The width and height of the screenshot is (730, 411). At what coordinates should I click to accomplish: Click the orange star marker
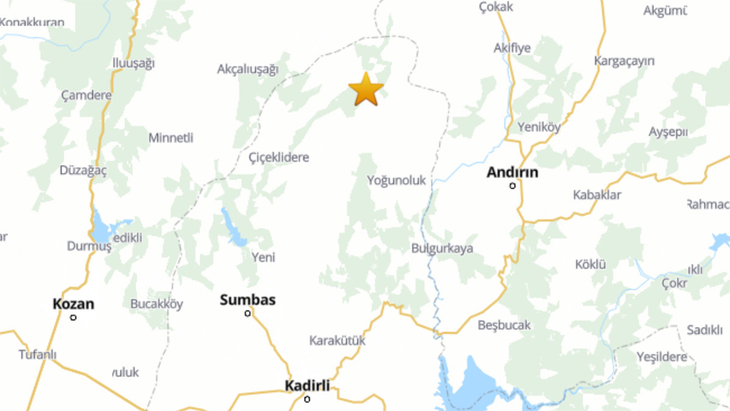(366, 90)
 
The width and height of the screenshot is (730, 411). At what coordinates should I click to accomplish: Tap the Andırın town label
(512, 172)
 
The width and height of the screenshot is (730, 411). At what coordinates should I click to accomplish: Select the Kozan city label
(73, 303)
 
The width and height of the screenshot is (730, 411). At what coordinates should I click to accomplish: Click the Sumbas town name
(248, 300)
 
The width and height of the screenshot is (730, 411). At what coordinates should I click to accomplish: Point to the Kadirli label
(307, 385)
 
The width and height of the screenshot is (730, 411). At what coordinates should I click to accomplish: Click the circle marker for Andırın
(512, 186)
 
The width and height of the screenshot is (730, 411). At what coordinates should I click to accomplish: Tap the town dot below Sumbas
(248, 314)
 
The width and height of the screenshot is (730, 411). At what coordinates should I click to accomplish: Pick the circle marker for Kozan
(74, 317)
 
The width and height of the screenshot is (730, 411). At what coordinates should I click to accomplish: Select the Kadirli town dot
(307, 399)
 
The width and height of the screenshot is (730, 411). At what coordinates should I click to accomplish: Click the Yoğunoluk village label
(397, 181)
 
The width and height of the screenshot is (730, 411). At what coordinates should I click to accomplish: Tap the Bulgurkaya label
(442, 248)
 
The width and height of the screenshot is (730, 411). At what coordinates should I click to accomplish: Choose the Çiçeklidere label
(279, 158)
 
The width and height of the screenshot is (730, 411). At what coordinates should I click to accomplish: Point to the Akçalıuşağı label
(248, 69)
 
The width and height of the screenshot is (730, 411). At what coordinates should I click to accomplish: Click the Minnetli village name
(171, 138)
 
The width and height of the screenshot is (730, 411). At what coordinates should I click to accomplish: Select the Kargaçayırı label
(624, 61)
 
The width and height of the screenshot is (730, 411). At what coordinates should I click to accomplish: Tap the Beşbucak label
(504, 325)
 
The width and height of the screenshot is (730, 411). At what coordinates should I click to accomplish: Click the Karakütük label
(337, 341)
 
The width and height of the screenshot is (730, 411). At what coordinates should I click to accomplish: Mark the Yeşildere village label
(661, 357)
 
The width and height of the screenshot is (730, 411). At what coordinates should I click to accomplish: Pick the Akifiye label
(512, 48)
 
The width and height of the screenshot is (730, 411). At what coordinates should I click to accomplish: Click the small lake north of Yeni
(234, 227)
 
